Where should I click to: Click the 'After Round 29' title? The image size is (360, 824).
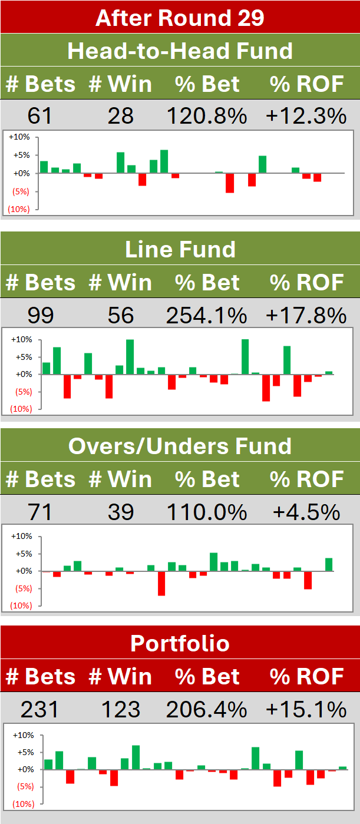point(180,18)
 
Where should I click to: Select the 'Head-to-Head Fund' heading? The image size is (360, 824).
point(180,51)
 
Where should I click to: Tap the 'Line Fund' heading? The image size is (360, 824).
point(180,249)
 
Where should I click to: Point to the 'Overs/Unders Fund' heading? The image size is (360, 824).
point(180,446)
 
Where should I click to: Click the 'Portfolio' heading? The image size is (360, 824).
point(180,643)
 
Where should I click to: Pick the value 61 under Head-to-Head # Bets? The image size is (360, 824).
point(39,115)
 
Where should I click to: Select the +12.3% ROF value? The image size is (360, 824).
point(306,115)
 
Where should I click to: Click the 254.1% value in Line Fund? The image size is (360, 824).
point(206,316)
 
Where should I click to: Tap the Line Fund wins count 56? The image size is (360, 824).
point(121,316)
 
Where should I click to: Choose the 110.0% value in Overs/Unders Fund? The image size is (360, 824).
point(206,512)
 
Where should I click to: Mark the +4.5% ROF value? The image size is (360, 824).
point(306,512)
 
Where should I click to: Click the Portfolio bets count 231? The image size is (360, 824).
point(39,709)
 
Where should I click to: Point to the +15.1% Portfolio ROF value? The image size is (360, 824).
point(306,709)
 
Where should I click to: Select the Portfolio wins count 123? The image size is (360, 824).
point(121,709)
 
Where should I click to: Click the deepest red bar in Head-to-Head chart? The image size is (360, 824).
point(230,183)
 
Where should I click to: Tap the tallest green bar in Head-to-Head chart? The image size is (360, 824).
point(164,161)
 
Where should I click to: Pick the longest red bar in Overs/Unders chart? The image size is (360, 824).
point(161,584)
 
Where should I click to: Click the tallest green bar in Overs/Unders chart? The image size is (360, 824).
point(213,562)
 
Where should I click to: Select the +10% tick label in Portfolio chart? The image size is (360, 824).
point(23,735)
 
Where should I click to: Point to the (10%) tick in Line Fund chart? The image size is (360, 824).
point(21,409)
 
